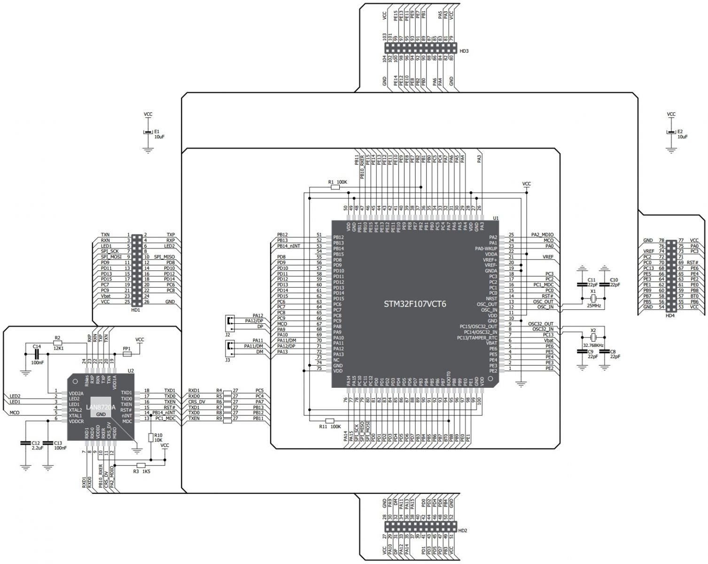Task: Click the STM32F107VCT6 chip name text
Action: click(415, 304)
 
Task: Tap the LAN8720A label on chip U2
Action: click(101, 407)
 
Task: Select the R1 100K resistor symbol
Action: click(335, 187)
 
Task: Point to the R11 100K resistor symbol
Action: click(330, 421)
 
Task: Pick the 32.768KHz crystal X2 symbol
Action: click(593, 338)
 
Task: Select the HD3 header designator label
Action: click(464, 50)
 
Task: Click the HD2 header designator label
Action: click(463, 530)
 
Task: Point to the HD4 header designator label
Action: click(670, 315)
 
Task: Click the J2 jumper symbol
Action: click(229, 321)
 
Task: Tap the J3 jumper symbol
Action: click(229, 347)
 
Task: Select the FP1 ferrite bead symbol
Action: click(127, 354)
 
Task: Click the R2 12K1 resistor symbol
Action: click(57, 344)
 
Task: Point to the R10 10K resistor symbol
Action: click(150, 438)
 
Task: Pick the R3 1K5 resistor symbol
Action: click(144, 465)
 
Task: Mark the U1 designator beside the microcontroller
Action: click(496, 218)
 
